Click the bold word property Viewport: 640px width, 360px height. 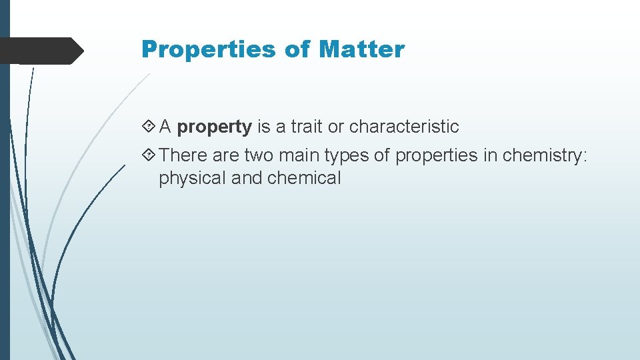tap(215, 127)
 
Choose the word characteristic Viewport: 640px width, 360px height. tap(404, 127)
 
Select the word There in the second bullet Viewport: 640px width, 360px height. tap(184, 155)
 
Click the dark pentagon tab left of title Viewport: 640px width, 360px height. tap(40, 51)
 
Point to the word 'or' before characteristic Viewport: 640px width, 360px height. tap(338, 127)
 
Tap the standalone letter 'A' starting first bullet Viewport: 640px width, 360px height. tap(166, 127)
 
